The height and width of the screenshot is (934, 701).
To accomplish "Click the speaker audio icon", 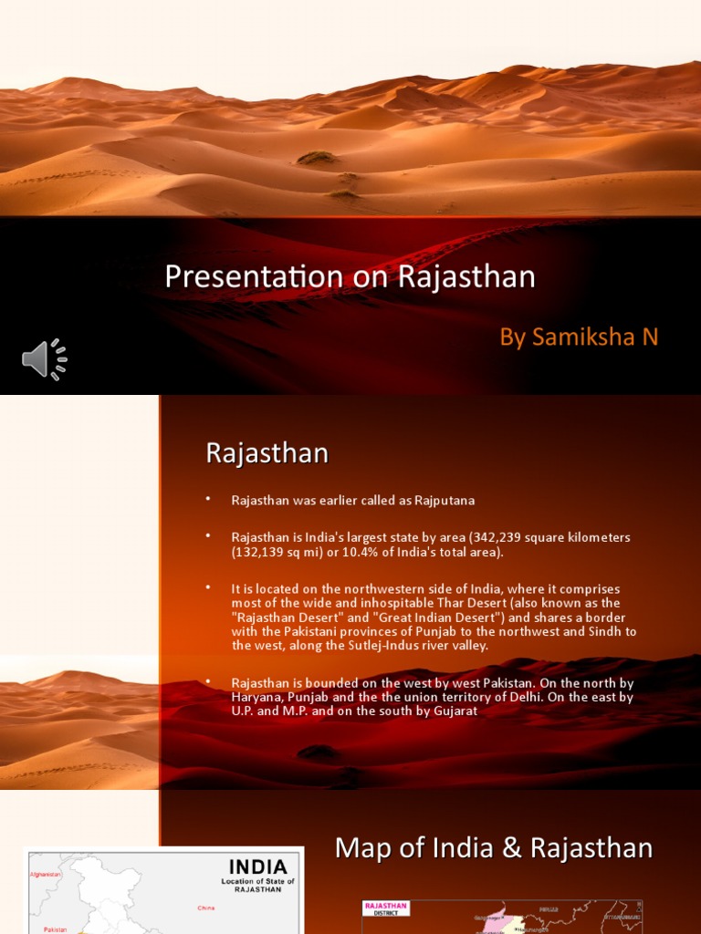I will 45,359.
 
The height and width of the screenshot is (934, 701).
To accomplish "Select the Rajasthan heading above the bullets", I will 267,453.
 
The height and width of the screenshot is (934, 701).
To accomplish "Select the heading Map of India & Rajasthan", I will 494,848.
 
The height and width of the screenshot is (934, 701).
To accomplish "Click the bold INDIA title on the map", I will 257,866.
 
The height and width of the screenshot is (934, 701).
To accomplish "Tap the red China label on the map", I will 206,908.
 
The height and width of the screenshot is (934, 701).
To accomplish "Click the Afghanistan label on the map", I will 46,874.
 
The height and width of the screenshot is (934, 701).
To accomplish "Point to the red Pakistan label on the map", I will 54,929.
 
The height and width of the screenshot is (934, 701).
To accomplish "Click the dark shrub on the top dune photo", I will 317,158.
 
